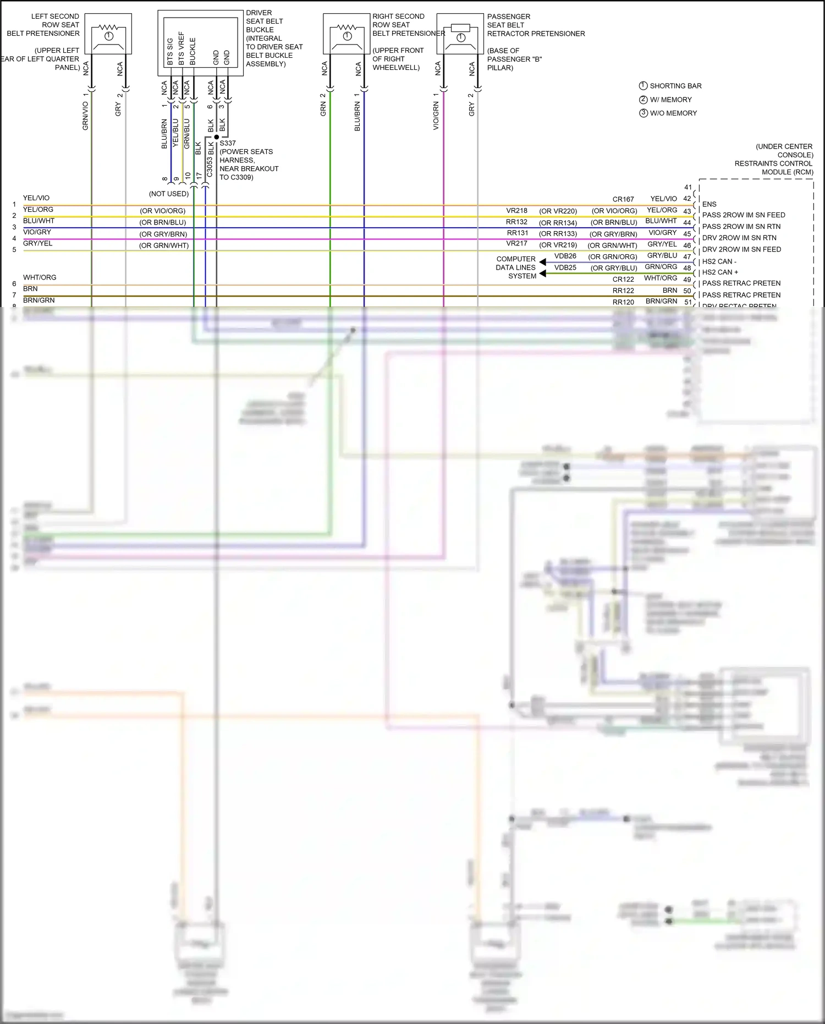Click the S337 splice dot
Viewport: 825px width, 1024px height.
pos(216,136)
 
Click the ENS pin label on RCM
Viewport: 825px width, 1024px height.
pos(709,204)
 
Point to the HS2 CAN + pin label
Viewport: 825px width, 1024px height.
pos(720,272)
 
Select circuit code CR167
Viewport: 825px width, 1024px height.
pos(623,199)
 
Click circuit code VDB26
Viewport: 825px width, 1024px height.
pos(565,256)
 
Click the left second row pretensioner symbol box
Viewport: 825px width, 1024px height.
pos(108,34)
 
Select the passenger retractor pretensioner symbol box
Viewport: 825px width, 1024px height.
pos(460,34)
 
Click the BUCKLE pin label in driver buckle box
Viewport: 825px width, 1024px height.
pos(193,51)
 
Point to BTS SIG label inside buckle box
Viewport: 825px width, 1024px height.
pos(169,51)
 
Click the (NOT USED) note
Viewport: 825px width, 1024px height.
pos(169,194)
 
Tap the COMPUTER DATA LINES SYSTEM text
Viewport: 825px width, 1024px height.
pos(516,267)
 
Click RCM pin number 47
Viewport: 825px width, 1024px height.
pos(687,256)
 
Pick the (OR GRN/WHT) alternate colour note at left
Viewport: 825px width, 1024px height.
pos(164,245)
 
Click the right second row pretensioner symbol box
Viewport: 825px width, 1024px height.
pos(346,34)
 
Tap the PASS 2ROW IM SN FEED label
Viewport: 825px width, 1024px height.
pos(743,215)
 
